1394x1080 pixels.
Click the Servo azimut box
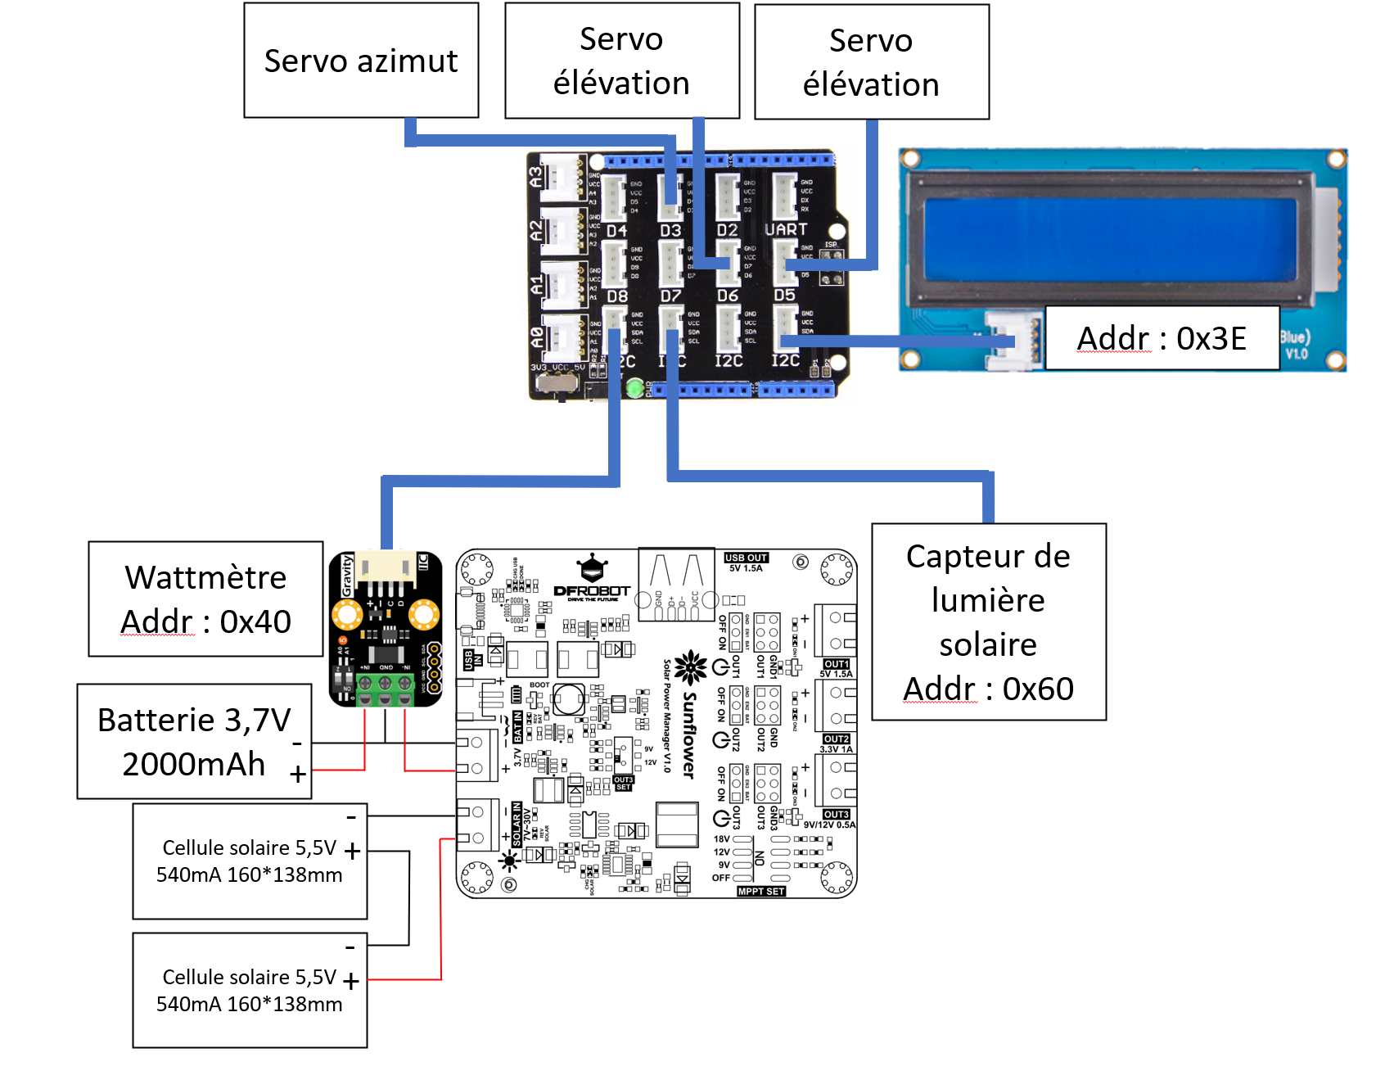click(361, 61)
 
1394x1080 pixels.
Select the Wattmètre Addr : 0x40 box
click(205, 599)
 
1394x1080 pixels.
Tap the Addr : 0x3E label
click(1162, 338)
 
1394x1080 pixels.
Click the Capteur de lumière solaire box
click(988, 621)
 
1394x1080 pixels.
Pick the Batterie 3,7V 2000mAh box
click(194, 741)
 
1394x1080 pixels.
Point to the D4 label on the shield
click(616, 231)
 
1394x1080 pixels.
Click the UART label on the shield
click(786, 230)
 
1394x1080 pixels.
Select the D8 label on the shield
click(617, 296)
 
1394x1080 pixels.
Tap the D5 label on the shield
click(784, 295)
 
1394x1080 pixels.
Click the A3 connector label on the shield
click(535, 176)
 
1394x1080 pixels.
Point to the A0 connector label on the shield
click(536, 337)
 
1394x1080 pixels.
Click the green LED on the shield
click(634, 387)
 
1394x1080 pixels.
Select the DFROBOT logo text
click(592, 590)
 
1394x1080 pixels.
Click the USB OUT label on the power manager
click(746, 558)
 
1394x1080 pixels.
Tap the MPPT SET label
click(761, 891)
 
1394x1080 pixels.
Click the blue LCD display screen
click(1110, 237)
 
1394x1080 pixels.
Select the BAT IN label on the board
click(517, 727)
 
